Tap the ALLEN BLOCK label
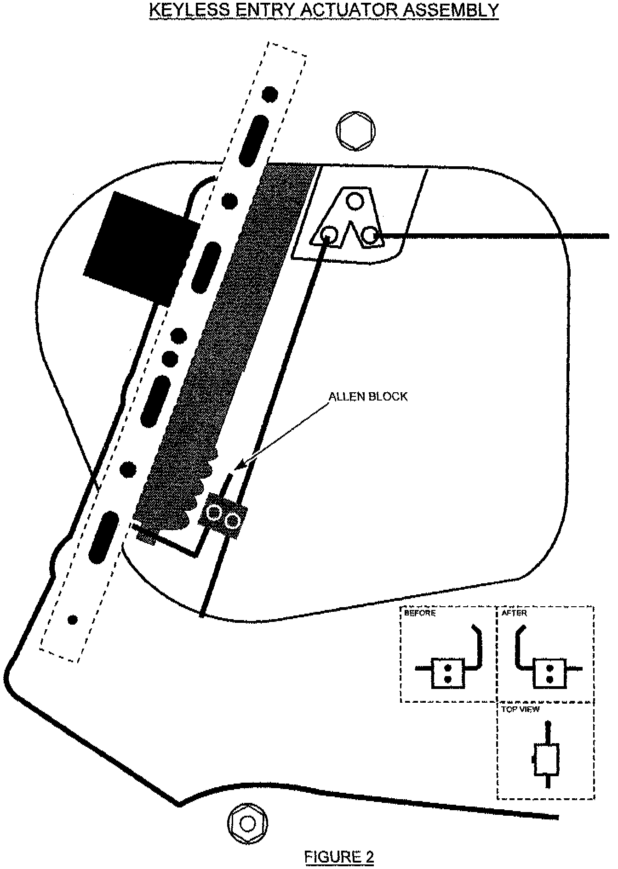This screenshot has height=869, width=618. point(368,397)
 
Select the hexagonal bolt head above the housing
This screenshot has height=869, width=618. point(355,130)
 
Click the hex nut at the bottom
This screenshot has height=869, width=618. point(248,824)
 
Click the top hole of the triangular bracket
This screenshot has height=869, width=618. point(355,201)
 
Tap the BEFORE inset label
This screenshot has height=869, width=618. point(420,613)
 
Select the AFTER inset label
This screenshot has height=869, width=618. point(514,613)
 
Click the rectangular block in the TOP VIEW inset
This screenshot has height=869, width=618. point(547,760)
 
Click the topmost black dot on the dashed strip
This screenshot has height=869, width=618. point(270,94)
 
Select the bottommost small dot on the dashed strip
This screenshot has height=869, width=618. point(72,620)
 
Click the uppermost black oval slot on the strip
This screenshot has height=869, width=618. point(254,141)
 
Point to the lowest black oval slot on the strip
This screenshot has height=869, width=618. point(103,538)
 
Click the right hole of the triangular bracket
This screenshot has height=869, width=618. point(370,236)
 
